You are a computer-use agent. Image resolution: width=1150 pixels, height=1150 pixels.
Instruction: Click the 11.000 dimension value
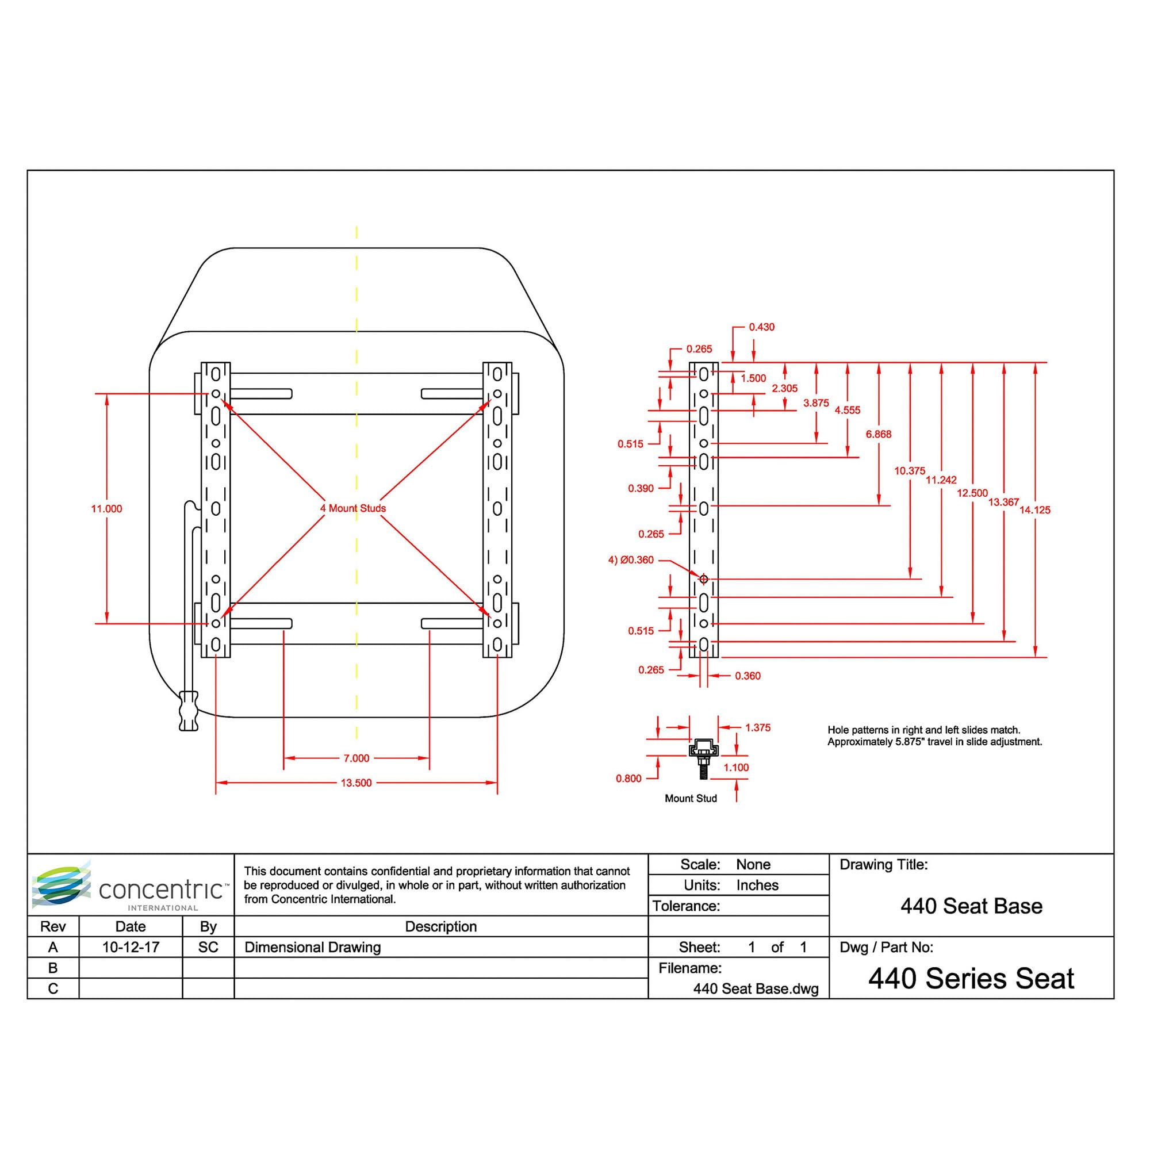(106, 509)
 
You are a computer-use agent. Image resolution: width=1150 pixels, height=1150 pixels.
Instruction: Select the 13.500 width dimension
(356, 783)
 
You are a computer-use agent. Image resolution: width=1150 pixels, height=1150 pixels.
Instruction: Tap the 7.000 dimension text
(356, 758)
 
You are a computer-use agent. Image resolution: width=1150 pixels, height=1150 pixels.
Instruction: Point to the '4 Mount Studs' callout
(353, 508)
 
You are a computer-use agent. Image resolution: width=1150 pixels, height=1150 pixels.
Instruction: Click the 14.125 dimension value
(1034, 510)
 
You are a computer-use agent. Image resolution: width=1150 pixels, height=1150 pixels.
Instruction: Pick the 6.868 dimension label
(879, 435)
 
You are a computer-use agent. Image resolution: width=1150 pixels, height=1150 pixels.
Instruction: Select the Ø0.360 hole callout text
(631, 560)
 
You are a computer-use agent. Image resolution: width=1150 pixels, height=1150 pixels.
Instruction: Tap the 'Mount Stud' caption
(691, 798)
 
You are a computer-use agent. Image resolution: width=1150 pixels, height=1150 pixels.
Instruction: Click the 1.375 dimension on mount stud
(758, 727)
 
